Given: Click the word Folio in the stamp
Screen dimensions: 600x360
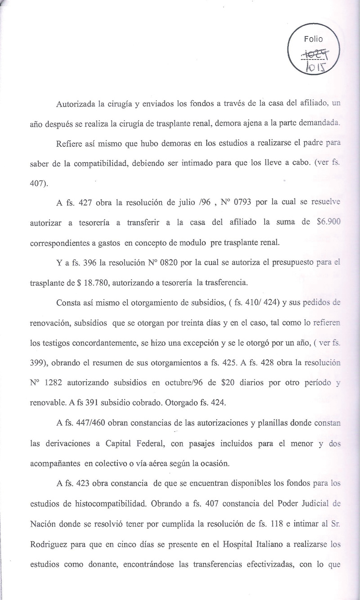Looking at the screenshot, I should click(x=313, y=39).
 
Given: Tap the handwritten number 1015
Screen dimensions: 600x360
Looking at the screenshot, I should click(x=315, y=67).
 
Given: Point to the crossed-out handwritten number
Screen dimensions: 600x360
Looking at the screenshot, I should click(x=315, y=54).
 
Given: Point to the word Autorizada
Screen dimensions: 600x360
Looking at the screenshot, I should click(x=76, y=104).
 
